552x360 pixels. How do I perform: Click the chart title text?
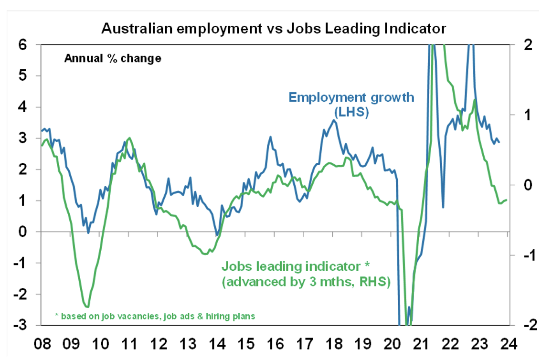(273, 28)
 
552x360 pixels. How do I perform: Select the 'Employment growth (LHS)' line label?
(351, 105)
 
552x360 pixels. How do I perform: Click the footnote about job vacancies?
(155, 316)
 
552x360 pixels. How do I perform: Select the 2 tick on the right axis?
(523, 44)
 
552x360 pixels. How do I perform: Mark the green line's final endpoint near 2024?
(506, 200)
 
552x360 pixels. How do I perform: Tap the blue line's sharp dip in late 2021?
(443, 207)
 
